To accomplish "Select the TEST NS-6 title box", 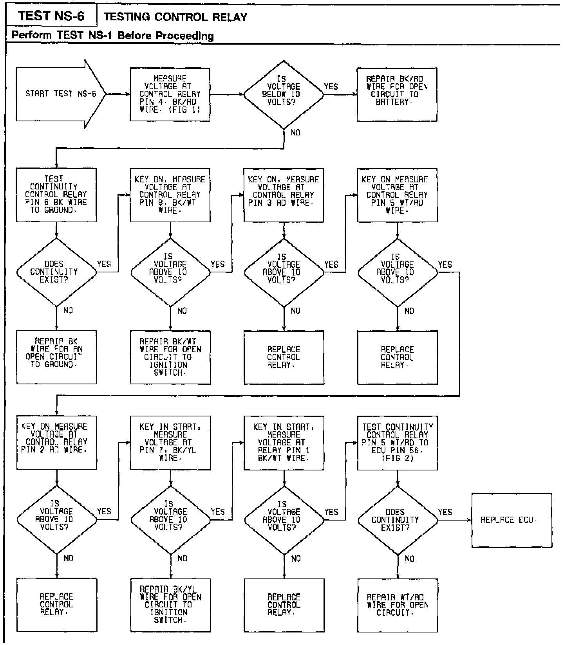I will (51, 16).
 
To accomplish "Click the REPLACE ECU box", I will (512, 520).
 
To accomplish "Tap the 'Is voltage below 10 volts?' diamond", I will (284, 94).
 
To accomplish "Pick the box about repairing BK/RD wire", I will (397, 94).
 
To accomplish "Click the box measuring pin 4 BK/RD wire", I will (170, 94).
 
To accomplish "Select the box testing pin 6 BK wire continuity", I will (56, 195).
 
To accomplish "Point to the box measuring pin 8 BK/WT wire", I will (170, 195).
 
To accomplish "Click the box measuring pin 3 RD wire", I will (284, 195).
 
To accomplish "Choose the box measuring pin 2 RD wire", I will (56, 442).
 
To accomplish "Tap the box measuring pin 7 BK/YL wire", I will (170, 442).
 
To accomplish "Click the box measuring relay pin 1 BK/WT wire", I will (284, 442).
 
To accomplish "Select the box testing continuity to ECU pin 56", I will (397, 442).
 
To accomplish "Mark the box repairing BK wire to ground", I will (56, 357).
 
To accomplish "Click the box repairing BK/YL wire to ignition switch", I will (170, 605).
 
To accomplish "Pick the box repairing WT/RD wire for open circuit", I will (398, 605).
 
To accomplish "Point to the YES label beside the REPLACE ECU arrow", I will (445, 512).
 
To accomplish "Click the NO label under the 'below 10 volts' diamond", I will (296, 133).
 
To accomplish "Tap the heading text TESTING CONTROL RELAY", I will (175, 17).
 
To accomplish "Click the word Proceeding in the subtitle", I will (185, 36).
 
